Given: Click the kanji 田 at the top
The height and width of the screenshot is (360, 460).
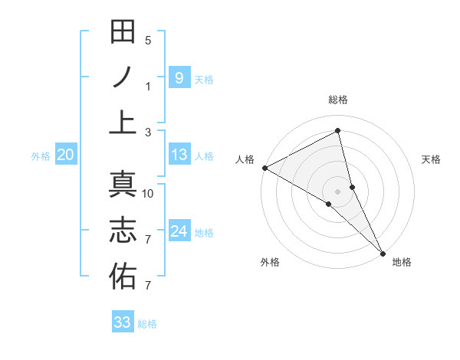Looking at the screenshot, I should click(123, 32).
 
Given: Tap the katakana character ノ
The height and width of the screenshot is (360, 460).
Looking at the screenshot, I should click(123, 77).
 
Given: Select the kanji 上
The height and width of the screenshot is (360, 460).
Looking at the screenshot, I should click(123, 122).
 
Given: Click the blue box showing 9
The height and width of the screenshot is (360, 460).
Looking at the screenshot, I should click(179, 77).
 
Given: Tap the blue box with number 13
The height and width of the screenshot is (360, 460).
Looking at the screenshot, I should click(179, 155).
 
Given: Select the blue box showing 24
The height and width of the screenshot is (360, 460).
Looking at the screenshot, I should click(179, 231).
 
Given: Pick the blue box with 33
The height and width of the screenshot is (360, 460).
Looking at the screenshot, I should click(123, 322).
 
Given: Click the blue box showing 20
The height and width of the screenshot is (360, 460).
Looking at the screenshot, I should click(65, 155).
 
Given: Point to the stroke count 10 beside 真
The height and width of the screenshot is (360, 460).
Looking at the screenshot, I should click(149, 194).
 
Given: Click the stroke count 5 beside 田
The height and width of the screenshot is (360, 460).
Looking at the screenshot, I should click(149, 41).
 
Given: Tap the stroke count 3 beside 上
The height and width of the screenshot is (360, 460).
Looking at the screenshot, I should click(149, 133).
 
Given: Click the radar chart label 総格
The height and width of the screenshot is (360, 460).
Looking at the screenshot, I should click(338, 100).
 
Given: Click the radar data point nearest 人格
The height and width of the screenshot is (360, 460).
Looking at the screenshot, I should click(264, 168).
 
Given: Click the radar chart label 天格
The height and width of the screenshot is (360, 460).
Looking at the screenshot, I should click(431, 159).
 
